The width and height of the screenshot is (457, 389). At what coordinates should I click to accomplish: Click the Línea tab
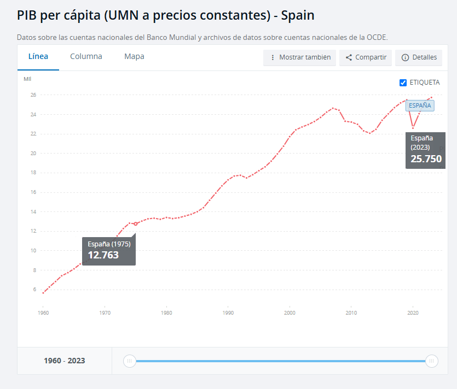[38, 57]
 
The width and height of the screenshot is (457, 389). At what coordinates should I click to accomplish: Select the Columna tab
[86, 57]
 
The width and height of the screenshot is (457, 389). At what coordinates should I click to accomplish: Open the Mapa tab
[134, 57]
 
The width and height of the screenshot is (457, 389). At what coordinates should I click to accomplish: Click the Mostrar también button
[299, 57]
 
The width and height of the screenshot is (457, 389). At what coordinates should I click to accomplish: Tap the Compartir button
[366, 57]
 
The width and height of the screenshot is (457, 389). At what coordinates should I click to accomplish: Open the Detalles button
[419, 57]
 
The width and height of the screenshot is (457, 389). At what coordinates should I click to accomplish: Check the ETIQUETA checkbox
[403, 83]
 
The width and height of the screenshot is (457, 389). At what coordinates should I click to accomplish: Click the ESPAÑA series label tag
[420, 105]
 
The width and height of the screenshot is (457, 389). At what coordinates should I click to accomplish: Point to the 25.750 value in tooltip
[426, 159]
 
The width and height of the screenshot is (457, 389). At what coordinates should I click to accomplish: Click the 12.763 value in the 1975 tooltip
[103, 255]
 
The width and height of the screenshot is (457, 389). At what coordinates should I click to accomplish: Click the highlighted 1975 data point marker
[136, 224]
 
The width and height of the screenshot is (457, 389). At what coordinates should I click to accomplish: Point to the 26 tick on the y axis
[33, 95]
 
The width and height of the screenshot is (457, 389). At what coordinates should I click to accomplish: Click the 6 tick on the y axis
[34, 290]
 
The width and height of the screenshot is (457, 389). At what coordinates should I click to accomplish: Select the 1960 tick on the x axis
[43, 313]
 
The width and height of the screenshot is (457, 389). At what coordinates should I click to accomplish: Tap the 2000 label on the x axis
[290, 313]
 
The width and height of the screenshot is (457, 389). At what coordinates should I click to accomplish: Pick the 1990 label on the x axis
[228, 313]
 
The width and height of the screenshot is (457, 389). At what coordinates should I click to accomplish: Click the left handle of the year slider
[130, 361]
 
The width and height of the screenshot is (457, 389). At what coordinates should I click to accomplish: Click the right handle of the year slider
[432, 361]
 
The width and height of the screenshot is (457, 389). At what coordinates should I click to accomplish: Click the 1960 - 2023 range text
[65, 361]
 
